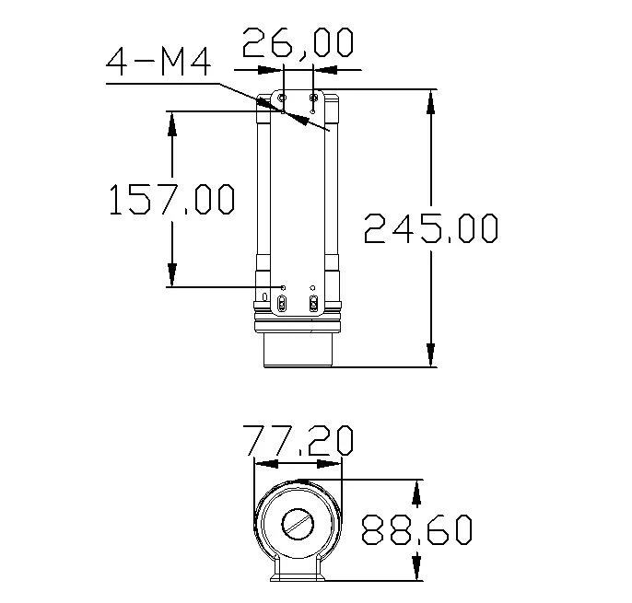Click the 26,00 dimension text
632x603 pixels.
click(298, 43)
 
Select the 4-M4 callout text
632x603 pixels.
click(159, 63)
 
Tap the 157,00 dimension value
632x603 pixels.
click(171, 200)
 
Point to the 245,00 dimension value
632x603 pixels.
click(431, 228)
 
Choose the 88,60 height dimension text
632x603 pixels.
click(416, 530)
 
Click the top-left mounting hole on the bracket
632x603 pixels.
click(283, 97)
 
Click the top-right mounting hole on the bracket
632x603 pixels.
click(314, 97)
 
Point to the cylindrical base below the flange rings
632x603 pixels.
click(298, 348)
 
